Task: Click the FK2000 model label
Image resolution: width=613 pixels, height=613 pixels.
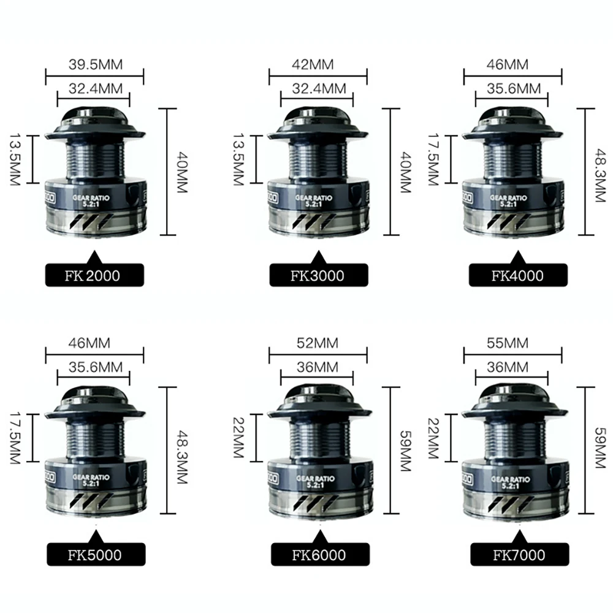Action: coord(94,275)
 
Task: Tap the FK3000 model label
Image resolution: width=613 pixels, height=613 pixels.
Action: coord(318,275)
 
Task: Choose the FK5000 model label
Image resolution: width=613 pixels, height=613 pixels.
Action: coord(94,556)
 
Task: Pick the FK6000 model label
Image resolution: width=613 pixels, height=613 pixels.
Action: coord(318,556)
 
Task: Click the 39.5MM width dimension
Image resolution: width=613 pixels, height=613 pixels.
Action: coord(94,64)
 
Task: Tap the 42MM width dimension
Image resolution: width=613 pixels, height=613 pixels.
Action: coord(318,64)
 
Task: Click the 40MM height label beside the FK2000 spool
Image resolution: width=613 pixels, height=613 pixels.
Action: coord(180,172)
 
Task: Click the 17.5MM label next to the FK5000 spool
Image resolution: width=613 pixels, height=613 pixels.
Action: coord(13,437)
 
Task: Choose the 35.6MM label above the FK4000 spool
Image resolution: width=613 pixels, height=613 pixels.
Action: coord(512,88)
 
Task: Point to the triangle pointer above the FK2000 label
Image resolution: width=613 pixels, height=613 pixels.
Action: coord(94,257)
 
